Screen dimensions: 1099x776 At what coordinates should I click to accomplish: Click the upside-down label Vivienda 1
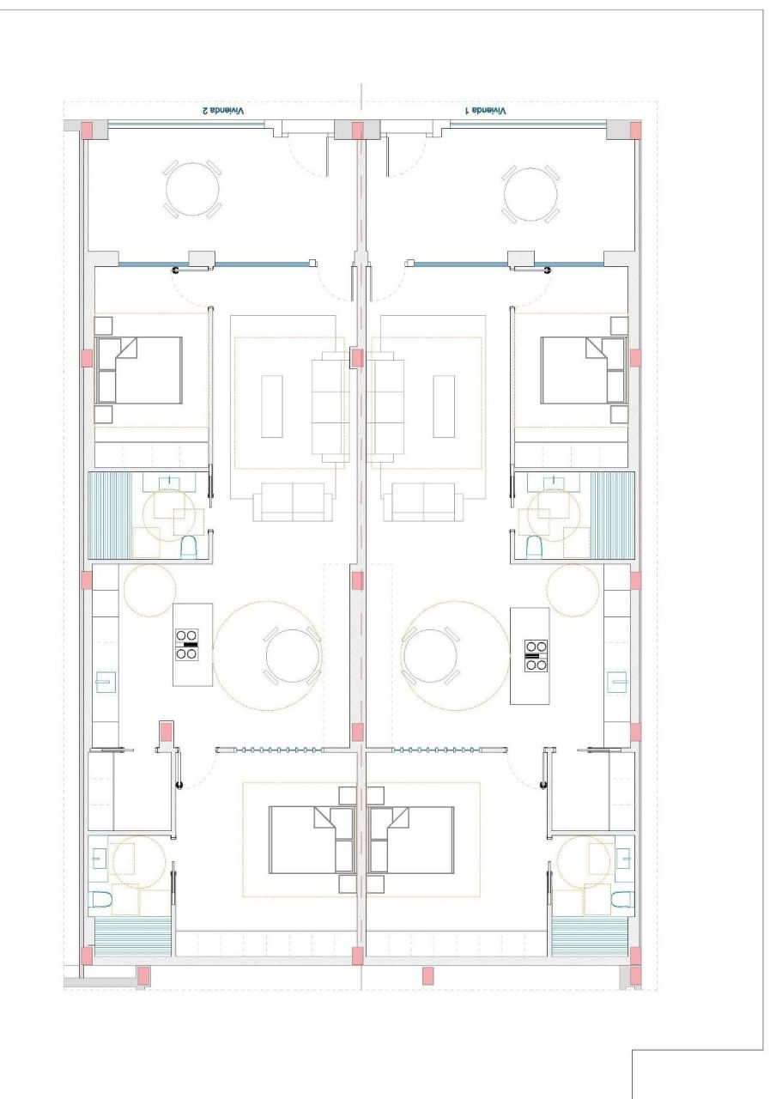[x=486, y=111]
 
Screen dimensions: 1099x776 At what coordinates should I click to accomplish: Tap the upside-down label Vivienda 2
[x=222, y=111]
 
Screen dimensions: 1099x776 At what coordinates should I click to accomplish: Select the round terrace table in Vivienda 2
[x=191, y=191]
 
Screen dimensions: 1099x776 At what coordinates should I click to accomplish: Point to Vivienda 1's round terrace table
[x=531, y=191]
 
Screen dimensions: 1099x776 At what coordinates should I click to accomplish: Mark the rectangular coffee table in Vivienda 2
[x=272, y=406]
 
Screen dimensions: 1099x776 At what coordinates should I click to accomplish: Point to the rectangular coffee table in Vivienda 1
[x=445, y=406]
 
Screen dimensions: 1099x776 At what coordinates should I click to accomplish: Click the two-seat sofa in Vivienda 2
[x=293, y=502]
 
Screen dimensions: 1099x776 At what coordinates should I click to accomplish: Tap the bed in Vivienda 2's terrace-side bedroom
[x=139, y=370]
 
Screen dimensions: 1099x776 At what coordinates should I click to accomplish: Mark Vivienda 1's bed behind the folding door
[x=411, y=840]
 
